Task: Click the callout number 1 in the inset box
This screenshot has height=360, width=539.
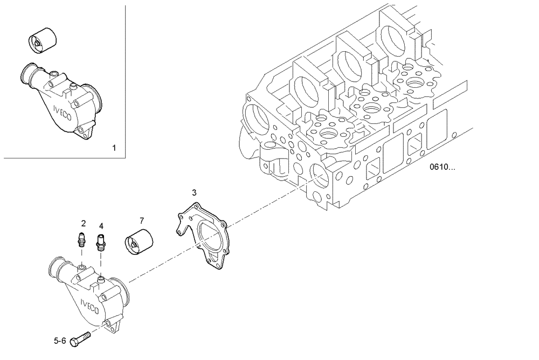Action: (x=113, y=147)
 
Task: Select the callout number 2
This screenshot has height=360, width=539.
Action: (x=84, y=223)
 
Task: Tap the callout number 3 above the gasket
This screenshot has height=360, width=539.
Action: (x=194, y=192)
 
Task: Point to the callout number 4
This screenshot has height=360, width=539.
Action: (x=101, y=225)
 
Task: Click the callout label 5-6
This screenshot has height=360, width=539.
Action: (x=60, y=341)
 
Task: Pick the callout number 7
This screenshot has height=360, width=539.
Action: (x=142, y=220)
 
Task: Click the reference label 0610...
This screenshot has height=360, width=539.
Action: (x=442, y=167)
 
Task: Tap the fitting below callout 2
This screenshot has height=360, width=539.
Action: (x=81, y=238)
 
